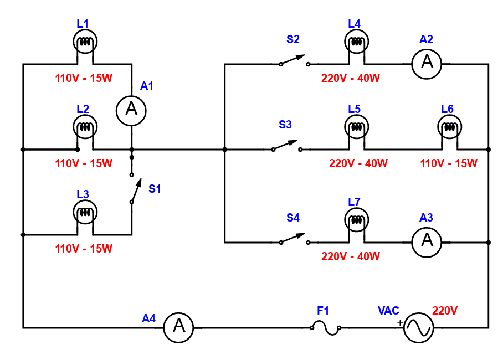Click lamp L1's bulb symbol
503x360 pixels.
click(x=85, y=42)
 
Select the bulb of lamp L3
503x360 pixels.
click(x=85, y=212)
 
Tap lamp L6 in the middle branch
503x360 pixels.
click(x=449, y=127)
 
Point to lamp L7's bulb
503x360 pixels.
click(x=356, y=220)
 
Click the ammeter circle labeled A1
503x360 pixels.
click(x=131, y=111)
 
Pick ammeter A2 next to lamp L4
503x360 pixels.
click(x=427, y=64)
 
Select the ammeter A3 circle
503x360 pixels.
click(x=427, y=242)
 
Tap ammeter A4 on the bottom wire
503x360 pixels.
click(x=179, y=327)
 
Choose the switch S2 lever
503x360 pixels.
click(x=292, y=60)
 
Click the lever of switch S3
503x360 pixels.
click(x=285, y=145)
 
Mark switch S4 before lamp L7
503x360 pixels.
click(x=292, y=238)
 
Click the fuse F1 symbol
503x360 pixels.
click(x=326, y=327)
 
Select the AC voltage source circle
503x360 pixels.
click(x=418, y=327)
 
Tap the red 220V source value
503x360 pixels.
click(x=445, y=311)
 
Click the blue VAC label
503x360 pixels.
click(x=388, y=311)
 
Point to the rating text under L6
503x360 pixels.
click(x=449, y=163)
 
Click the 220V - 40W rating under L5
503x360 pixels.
click(x=358, y=163)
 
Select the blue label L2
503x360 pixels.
click(x=83, y=109)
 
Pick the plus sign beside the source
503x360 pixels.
click(x=400, y=323)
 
